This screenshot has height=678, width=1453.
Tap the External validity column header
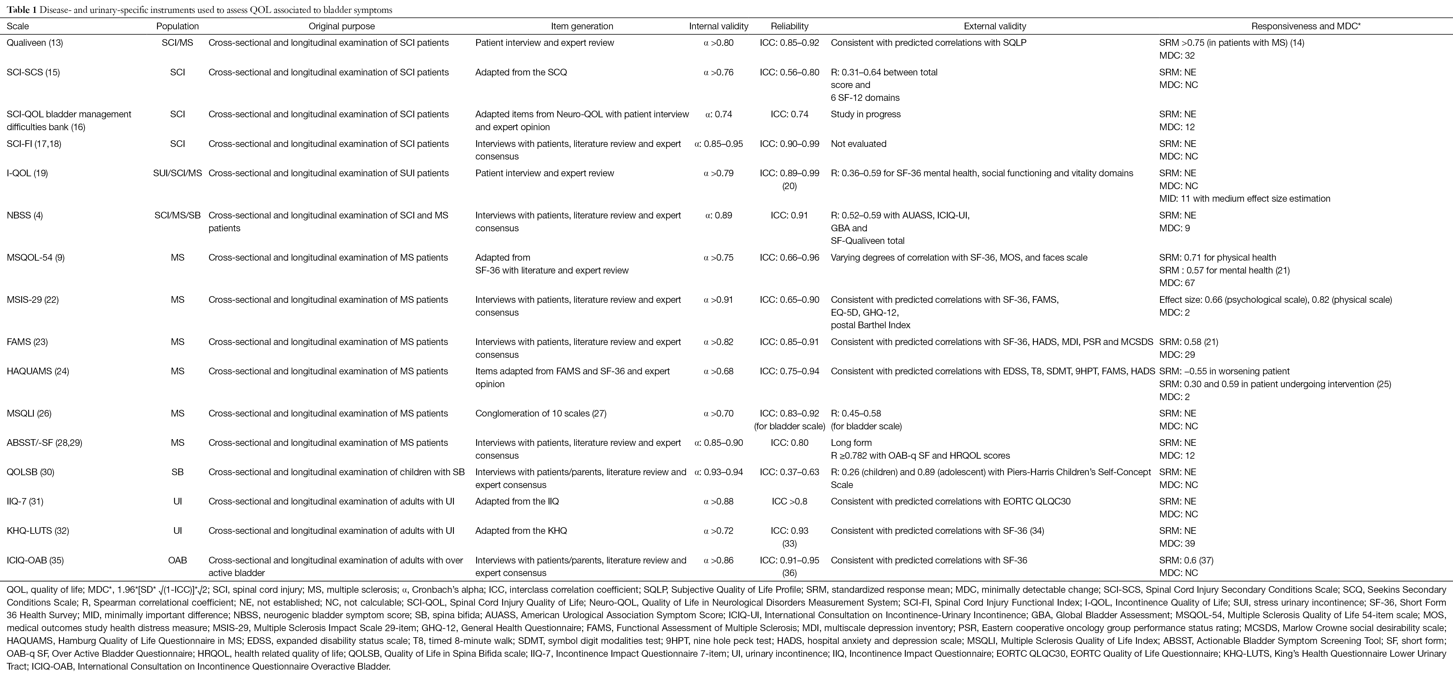[995, 26]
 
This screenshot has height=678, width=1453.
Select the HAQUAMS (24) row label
[37, 372]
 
